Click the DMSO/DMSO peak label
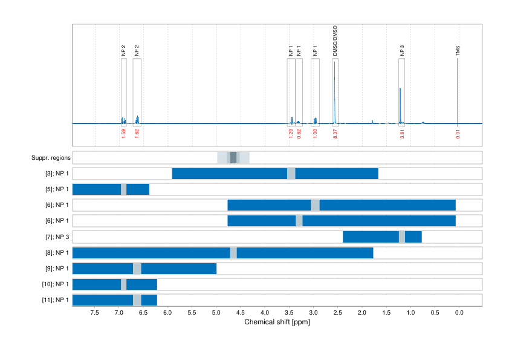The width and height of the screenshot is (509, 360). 336,41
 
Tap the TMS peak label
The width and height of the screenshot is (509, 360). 458,51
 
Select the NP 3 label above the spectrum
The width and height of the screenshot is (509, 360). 402,51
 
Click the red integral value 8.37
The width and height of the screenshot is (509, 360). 335,134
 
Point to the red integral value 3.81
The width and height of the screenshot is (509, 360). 402,134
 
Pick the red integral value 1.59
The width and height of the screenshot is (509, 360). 123,134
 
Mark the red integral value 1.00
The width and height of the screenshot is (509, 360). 315,134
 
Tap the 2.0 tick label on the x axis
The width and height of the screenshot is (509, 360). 361,313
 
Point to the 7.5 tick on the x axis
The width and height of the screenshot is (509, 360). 95,313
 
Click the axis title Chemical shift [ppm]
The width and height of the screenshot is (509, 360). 277,322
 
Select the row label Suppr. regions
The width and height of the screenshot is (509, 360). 51,158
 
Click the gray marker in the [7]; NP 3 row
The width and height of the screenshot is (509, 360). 402,237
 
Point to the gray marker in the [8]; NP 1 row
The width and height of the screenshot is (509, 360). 233,252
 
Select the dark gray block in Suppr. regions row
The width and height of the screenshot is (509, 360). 233,158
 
